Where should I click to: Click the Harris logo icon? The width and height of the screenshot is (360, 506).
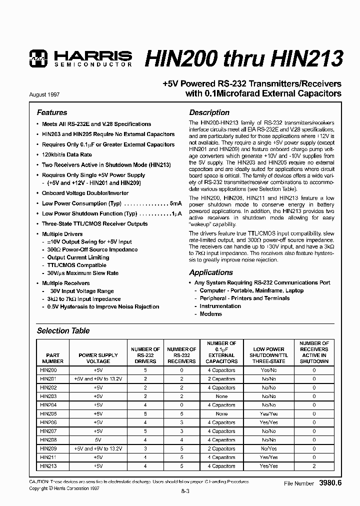37,58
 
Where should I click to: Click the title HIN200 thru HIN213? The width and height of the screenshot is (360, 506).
243,58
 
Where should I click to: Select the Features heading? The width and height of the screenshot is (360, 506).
52,112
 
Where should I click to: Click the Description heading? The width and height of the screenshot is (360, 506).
209,112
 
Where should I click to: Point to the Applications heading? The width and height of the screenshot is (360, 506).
210,272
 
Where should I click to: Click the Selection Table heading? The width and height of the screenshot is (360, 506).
63,330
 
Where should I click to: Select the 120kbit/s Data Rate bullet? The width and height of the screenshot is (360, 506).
67,154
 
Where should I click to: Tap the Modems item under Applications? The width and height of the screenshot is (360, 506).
210,314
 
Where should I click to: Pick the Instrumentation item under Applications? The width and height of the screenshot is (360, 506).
220,306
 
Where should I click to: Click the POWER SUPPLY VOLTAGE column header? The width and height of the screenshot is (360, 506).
98,358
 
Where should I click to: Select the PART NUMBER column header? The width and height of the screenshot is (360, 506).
52,358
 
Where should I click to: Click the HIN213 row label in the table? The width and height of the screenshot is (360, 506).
48,466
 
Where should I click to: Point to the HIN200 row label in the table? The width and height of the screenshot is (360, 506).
48,370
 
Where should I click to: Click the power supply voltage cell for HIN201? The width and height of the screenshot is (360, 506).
98,379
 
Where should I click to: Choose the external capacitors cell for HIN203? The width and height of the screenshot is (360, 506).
221,396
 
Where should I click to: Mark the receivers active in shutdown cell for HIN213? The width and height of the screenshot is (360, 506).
314,466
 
